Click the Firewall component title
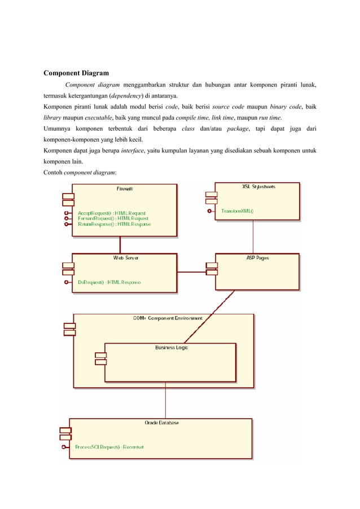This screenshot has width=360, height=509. [124, 188]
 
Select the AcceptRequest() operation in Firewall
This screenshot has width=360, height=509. [111, 213]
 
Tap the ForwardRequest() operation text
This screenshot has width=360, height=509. [113, 218]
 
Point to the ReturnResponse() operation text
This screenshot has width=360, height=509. [114, 224]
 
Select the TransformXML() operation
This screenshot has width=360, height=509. [237, 212]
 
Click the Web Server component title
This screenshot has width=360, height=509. [126, 258]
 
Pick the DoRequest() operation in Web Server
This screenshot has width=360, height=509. [109, 282]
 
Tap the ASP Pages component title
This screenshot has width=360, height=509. [258, 258]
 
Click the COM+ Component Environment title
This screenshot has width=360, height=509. [168, 318]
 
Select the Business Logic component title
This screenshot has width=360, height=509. [172, 348]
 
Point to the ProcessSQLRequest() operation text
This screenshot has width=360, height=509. [109, 447]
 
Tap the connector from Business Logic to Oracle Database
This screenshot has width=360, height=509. [165, 401]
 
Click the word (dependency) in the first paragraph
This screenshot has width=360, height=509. [125, 95]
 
